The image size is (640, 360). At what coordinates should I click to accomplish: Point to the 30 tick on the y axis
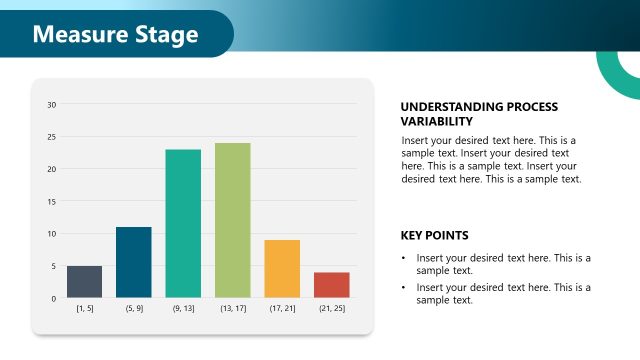click(x=52, y=104)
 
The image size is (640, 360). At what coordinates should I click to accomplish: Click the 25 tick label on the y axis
click(x=52, y=137)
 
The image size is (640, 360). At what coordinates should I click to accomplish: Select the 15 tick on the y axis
click(x=52, y=201)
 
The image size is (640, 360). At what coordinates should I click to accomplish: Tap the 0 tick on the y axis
click(x=54, y=298)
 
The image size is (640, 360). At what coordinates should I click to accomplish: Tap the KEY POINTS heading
click(x=434, y=236)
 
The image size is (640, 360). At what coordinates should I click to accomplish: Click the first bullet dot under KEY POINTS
click(x=405, y=258)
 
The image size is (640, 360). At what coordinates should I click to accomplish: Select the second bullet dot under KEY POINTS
click(x=405, y=288)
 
